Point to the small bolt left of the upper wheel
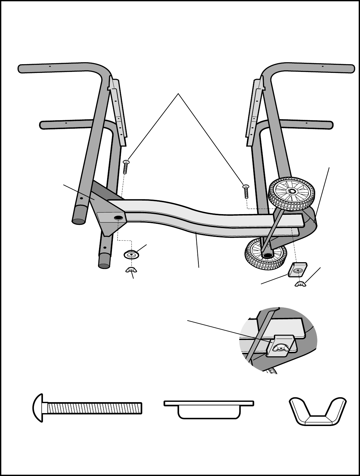click(x=246, y=192)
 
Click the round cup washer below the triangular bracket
click(x=131, y=255)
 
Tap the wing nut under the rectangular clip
click(x=300, y=284)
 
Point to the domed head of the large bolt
click(x=38, y=408)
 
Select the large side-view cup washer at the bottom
click(x=209, y=409)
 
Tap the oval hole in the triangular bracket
click(x=118, y=218)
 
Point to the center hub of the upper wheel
click(x=292, y=192)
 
